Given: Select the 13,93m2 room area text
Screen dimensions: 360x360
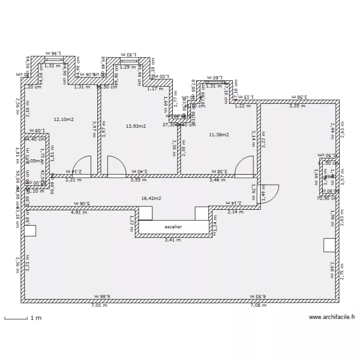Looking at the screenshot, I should click(x=136, y=126).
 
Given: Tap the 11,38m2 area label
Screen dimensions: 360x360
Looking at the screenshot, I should click(x=219, y=134).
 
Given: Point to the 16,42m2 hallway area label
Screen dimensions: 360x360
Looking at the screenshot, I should click(x=151, y=198).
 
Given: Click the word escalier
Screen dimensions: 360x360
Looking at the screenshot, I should click(x=173, y=227).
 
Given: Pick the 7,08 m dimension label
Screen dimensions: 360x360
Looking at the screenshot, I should click(x=257, y=305).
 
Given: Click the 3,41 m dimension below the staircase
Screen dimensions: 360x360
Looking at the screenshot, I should click(x=173, y=240).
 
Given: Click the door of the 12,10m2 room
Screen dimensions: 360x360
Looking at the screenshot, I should click(x=81, y=166).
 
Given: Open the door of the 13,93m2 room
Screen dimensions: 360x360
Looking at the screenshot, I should click(x=117, y=166).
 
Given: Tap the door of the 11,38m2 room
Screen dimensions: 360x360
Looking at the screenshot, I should click(x=244, y=166).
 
